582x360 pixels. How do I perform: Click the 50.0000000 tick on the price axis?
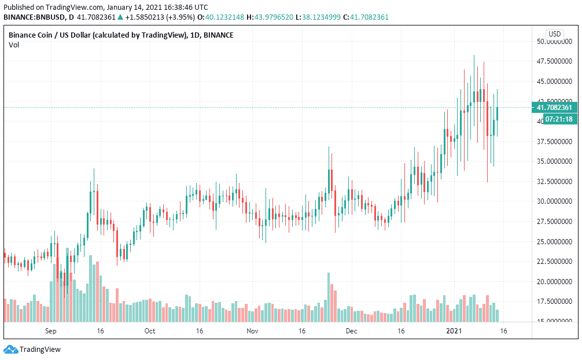point(555,42)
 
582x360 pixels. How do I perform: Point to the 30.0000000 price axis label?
point(555,201)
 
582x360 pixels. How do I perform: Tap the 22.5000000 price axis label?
point(555,262)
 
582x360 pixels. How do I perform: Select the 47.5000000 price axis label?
point(555,61)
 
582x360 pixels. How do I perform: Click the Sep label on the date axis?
point(50,331)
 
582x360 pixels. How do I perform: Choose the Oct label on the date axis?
point(150,331)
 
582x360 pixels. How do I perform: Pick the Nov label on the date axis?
point(252,331)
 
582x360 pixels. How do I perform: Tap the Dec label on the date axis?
point(351,331)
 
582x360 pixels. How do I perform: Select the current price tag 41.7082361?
point(554,108)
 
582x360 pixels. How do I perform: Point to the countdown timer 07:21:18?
point(554,119)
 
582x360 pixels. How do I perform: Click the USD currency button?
point(555,34)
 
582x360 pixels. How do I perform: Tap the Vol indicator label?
point(14,45)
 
